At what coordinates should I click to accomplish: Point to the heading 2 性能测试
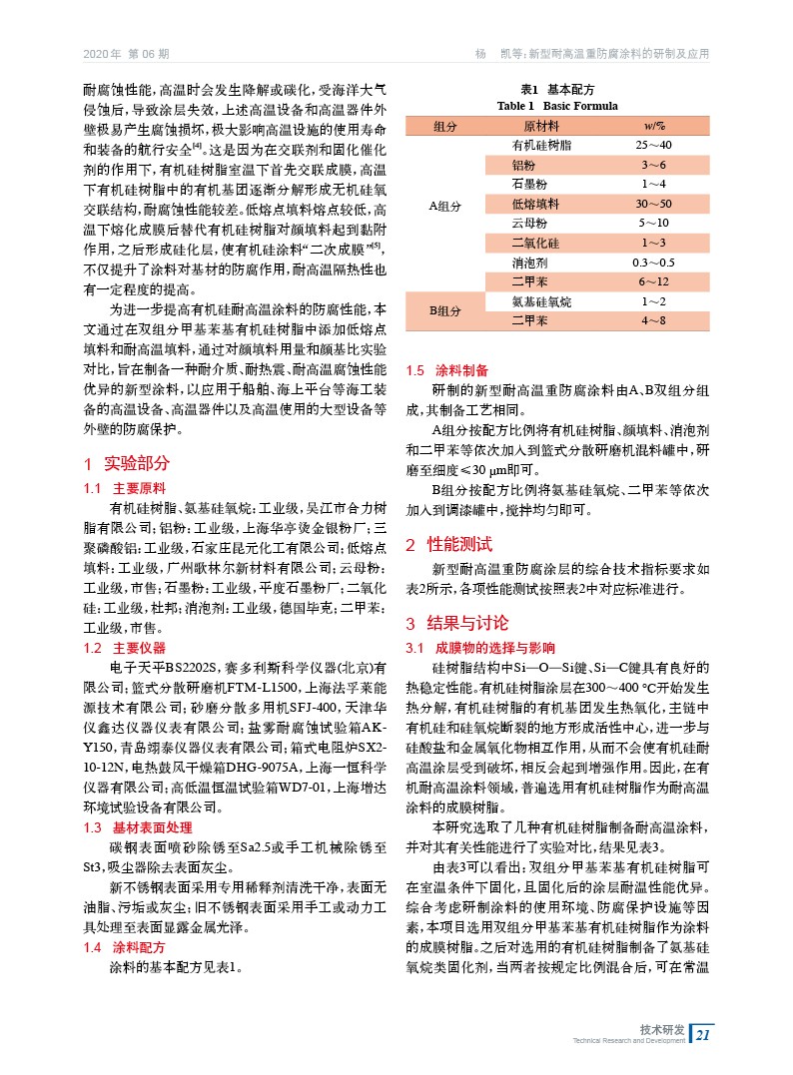[448, 545]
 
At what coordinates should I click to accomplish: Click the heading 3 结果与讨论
[456, 624]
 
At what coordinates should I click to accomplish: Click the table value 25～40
[654, 146]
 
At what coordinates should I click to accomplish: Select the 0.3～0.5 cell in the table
[654, 263]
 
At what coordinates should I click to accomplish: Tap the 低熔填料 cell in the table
[535, 204]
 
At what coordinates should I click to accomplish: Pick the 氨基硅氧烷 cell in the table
[541, 301]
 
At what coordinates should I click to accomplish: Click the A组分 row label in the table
[444, 205]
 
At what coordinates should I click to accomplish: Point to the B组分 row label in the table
[444, 310]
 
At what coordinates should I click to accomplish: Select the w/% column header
[654, 126]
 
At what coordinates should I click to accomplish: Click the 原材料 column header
[541, 126]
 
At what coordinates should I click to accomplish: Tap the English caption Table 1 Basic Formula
[557, 106]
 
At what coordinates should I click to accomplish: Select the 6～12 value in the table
[654, 282]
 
